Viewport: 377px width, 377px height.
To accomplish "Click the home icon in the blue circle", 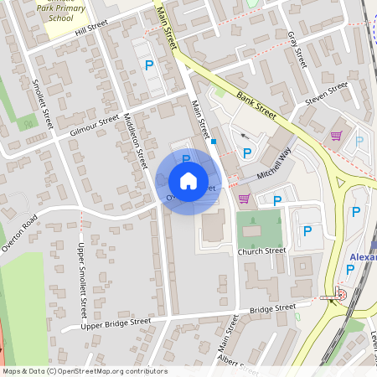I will point(188,181).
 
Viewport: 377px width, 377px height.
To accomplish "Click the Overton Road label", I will point(19,235).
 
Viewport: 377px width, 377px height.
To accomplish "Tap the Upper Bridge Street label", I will point(117,323).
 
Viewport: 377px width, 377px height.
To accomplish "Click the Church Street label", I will point(261,251).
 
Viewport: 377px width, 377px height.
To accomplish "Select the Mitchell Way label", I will point(274,163).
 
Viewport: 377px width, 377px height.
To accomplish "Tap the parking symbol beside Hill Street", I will point(149,65).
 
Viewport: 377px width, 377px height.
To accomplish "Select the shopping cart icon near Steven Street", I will point(336,136).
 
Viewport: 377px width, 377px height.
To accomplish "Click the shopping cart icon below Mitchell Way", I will point(245,199).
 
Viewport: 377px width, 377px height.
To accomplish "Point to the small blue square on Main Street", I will point(214,142).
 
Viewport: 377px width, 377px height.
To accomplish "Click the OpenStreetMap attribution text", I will point(84,371).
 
